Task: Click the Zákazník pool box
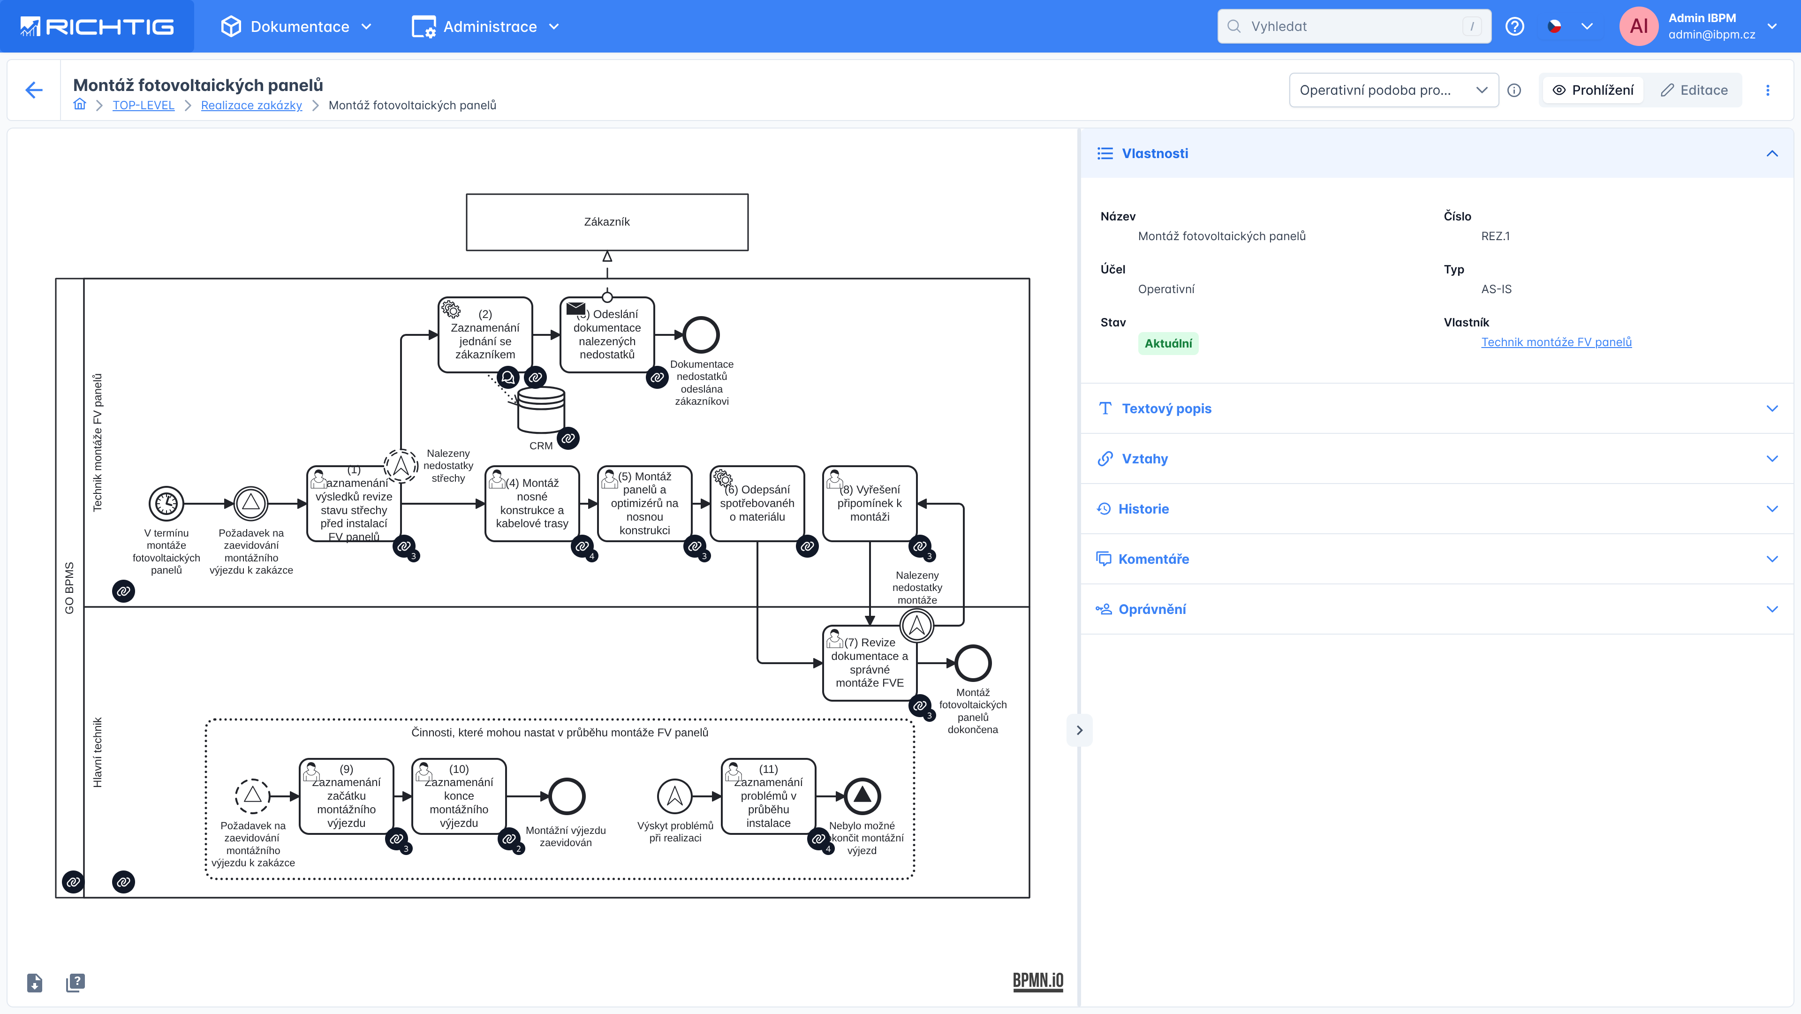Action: tap(607, 222)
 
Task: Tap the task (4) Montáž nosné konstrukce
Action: tap(532, 504)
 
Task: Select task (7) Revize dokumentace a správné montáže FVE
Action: tap(869, 662)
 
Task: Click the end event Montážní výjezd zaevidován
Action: tap(566, 796)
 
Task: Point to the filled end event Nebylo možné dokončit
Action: tap(862, 796)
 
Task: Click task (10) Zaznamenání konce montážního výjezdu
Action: tap(459, 796)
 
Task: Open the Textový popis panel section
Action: tap(1166, 409)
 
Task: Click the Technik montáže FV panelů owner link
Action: tap(1556, 342)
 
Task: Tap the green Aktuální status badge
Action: tap(1167, 343)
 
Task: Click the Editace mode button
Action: tap(1694, 90)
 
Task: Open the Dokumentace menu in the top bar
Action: tap(298, 27)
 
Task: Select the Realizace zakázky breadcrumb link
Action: tap(251, 105)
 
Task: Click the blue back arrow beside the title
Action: tap(34, 90)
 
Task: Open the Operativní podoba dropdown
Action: tap(1392, 90)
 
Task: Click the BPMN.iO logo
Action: tap(1037, 980)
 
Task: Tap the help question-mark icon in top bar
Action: tap(1514, 27)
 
